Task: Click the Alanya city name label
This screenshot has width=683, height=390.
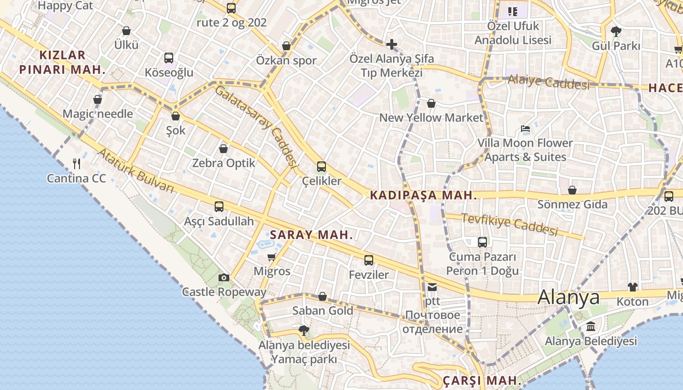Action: (568, 297)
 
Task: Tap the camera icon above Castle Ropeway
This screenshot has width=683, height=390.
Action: (224, 277)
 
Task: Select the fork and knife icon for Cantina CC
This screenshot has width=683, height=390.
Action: (77, 163)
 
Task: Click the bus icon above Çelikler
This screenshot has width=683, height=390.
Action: (321, 167)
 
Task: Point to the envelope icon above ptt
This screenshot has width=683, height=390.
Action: (432, 287)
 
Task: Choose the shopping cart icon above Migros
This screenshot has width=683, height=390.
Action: (272, 257)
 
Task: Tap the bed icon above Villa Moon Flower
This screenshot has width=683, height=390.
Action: (525, 129)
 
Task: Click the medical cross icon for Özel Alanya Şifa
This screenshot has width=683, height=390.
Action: (391, 45)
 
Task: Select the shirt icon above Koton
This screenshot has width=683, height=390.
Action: (632, 287)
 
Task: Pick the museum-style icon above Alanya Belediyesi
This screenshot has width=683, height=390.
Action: (591, 326)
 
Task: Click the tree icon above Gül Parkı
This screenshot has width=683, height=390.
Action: (616, 32)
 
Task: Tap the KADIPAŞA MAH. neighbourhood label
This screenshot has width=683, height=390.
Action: (423, 195)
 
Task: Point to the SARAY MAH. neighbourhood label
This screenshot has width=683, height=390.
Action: (311, 234)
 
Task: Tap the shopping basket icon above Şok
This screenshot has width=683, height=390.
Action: (176, 116)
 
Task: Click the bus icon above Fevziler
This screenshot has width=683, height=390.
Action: (369, 260)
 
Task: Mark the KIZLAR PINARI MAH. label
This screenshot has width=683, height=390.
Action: (62, 62)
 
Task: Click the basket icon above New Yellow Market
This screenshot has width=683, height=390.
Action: (431, 103)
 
